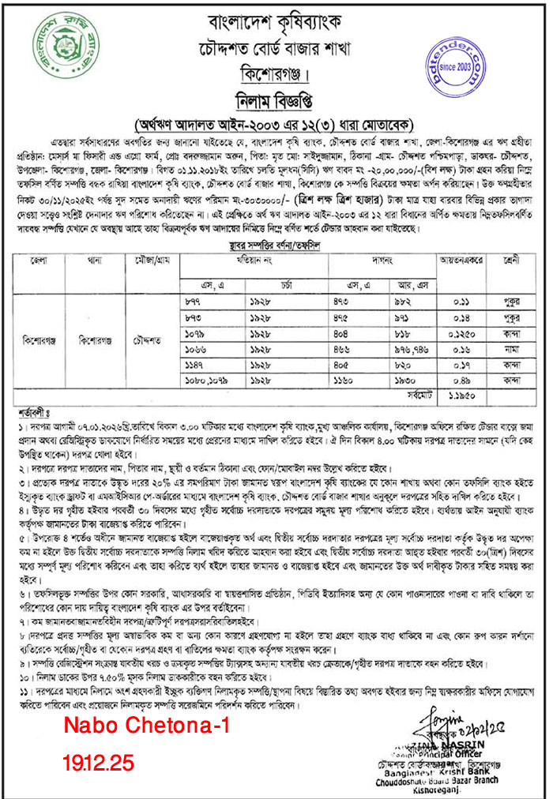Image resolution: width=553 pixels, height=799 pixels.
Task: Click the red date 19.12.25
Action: pyautogui.click(x=100, y=763)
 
